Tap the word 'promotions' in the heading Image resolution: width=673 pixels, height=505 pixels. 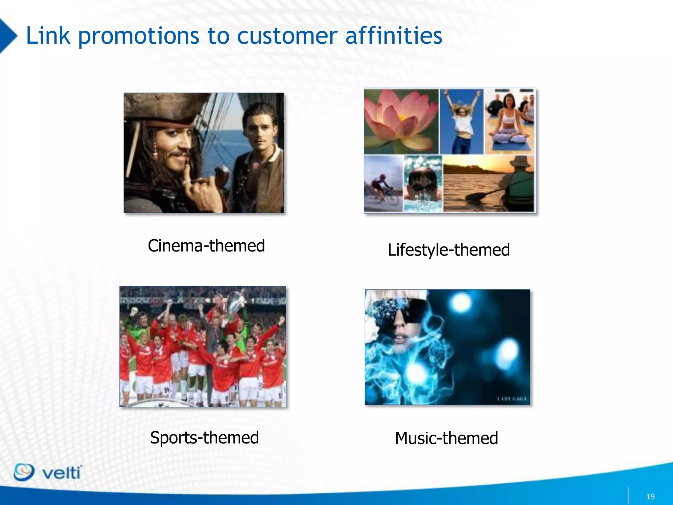tap(138, 36)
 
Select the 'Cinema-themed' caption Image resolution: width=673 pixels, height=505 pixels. tap(206, 246)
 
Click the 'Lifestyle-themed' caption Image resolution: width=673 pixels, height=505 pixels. tap(449, 250)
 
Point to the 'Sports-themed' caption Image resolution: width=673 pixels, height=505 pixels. tap(204, 438)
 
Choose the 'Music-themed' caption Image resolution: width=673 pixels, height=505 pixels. tap(446, 438)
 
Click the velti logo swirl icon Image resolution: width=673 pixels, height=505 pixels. tap(24, 472)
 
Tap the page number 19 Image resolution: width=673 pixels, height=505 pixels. tap(650, 496)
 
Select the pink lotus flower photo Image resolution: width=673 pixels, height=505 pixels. tap(401, 122)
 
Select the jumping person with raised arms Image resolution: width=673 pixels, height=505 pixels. tap(462, 122)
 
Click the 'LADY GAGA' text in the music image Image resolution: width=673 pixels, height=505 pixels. tap(512, 399)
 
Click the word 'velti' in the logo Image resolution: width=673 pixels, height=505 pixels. tap(61, 473)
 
